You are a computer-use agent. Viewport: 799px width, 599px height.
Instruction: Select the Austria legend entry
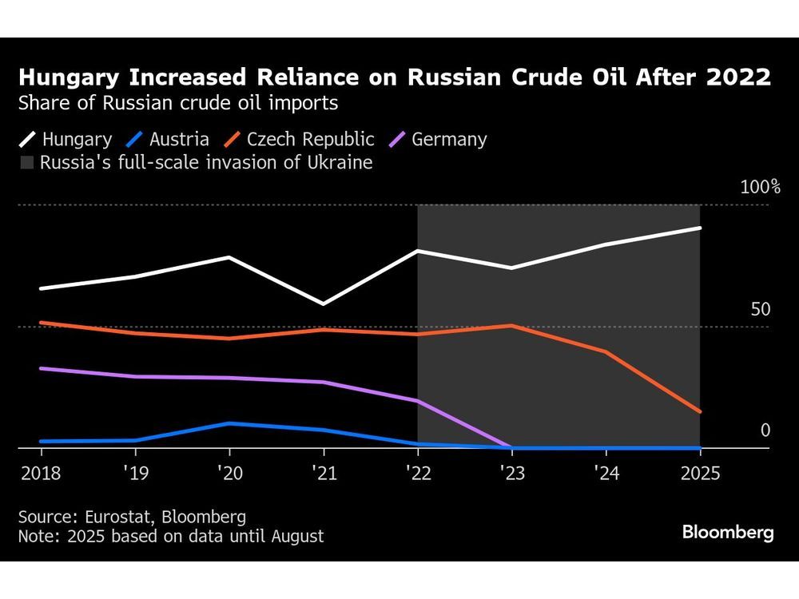(x=169, y=140)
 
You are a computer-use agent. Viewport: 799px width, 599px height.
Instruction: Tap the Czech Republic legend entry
(x=299, y=140)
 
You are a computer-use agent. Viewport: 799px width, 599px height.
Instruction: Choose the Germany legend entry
(x=436, y=140)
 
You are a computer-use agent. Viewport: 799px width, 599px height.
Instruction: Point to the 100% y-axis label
(x=760, y=188)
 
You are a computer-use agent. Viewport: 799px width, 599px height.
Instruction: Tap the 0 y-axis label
(x=765, y=430)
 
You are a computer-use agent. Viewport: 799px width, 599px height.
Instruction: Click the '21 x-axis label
(x=323, y=474)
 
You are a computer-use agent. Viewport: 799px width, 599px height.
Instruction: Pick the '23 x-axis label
(x=511, y=474)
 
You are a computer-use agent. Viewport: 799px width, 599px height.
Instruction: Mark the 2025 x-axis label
(x=700, y=474)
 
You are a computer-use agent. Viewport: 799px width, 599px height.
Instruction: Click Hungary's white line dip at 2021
(x=323, y=304)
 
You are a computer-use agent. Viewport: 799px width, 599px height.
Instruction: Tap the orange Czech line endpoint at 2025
(x=700, y=412)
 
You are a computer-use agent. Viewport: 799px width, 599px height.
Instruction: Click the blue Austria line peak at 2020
(x=229, y=423)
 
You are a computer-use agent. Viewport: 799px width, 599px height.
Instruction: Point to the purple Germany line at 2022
(x=417, y=401)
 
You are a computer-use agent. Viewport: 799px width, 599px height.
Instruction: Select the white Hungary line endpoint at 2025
(x=700, y=228)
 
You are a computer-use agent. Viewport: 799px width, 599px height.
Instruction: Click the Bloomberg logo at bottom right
(x=728, y=533)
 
